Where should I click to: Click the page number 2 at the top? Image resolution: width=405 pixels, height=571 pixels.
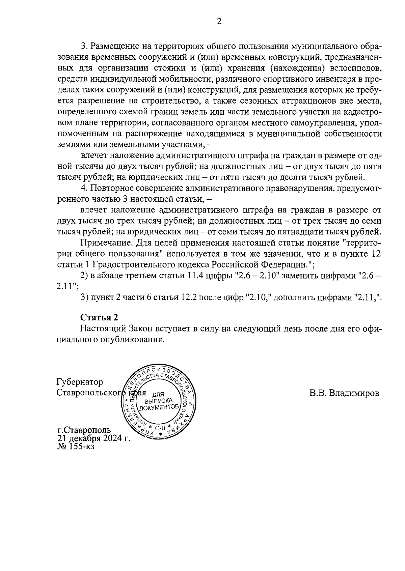pyautogui.click(x=219, y=22)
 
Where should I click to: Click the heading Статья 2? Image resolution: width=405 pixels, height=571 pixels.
pyautogui.click(x=100, y=317)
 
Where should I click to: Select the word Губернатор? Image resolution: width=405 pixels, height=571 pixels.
pyautogui.click(x=80, y=382)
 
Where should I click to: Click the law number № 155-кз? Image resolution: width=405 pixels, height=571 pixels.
pyautogui.click(x=76, y=447)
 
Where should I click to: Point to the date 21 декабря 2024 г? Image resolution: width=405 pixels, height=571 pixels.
pyautogui.click(x=93, y=438)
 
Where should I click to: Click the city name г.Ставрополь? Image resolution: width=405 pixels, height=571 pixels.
pyautogui.click(x=84, y=431)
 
